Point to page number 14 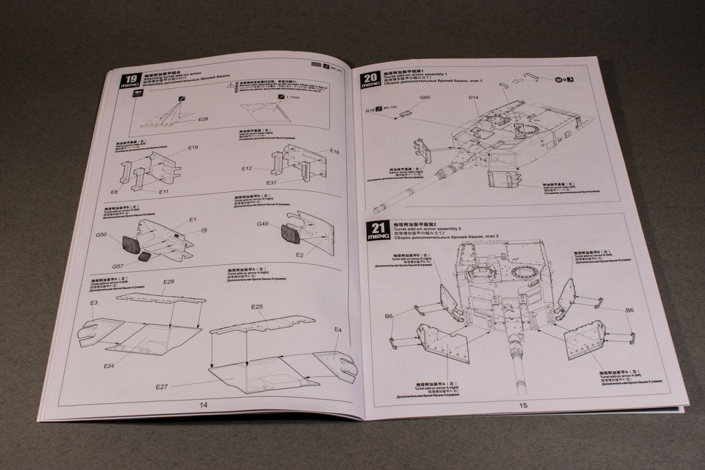[203, 405]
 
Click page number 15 [523, 405]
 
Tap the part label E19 [193, 148]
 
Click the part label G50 [101, 235]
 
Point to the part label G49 [262, 224]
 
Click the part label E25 [257, 306]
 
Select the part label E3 [94, 303]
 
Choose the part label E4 [338, 331]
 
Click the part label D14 [474, 98]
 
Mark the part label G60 [425, 98]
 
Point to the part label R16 [370, 109]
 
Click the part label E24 [108, 365]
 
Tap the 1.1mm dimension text [294, 98]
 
